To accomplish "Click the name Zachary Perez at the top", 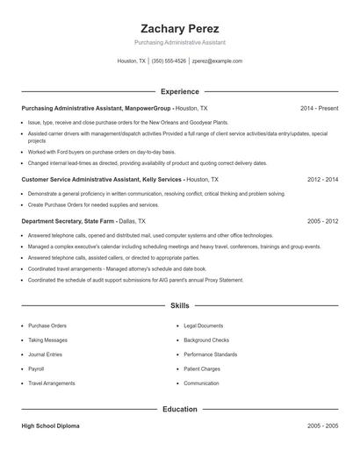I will pyautogui.click(x=180, y=28).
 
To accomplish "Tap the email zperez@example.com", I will pyautogui.click(x=217, y=61).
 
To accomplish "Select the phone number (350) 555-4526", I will pyautogui.click(x=169, y=61).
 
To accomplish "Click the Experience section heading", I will pyautogui.click(x=180, y=91).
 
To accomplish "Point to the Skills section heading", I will pyautogui.click(x=180, y=305).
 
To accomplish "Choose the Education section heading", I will pyautogui.click(x=180, y=409).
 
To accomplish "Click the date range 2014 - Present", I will pyautogui.click(x=319, y=108).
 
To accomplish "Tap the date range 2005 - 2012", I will pyautogui.click(x=322, y=222).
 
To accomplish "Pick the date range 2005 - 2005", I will pyautogui.click(x=322, y=426).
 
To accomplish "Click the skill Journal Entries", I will pyautogui.click(x=45, y=354).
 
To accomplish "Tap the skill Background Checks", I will pyautogui.click(x=206, y=340).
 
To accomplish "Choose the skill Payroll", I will pyautogui.click(x=36, y=368).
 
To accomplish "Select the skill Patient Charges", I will pyautogui.click(x=202, y=368).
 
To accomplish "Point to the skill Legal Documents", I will pyautogui.click(x=204, y=325).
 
